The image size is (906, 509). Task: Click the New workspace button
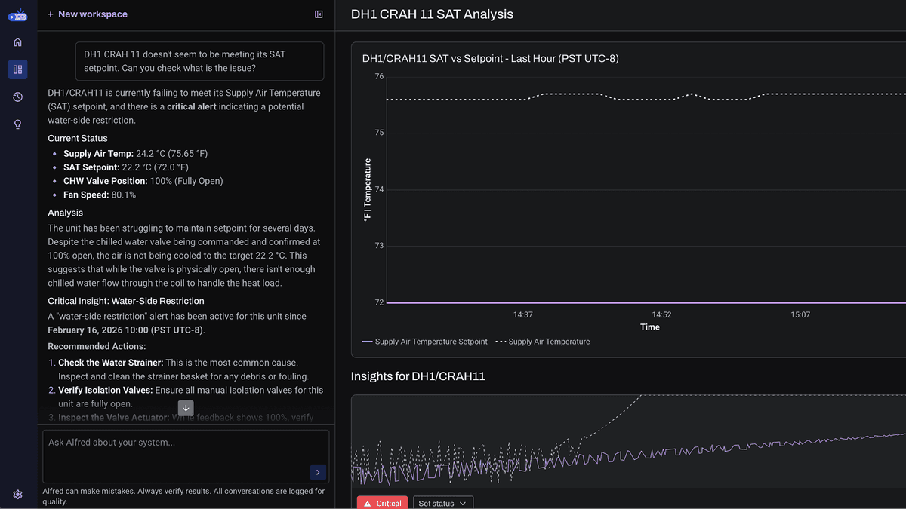[88, 14]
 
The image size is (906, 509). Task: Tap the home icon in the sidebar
[17, 42]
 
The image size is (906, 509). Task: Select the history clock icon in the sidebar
[17, 97]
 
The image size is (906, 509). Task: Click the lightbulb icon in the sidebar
[17, 124]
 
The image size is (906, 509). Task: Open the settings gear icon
[17, 495]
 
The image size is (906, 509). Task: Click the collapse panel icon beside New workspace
[319, 14]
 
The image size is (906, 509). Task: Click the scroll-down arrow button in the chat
[186, 408]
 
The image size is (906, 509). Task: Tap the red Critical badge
[382, 503]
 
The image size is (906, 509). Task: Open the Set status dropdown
[443, 503]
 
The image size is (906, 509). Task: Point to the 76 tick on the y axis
[379, 76]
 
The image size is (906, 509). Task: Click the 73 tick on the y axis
[379, 246]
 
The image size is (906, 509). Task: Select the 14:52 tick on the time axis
[661, 314]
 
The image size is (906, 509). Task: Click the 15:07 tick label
[800, 314]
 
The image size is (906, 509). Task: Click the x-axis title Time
[649, 327]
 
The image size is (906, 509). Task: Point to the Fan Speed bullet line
[100, 195]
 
